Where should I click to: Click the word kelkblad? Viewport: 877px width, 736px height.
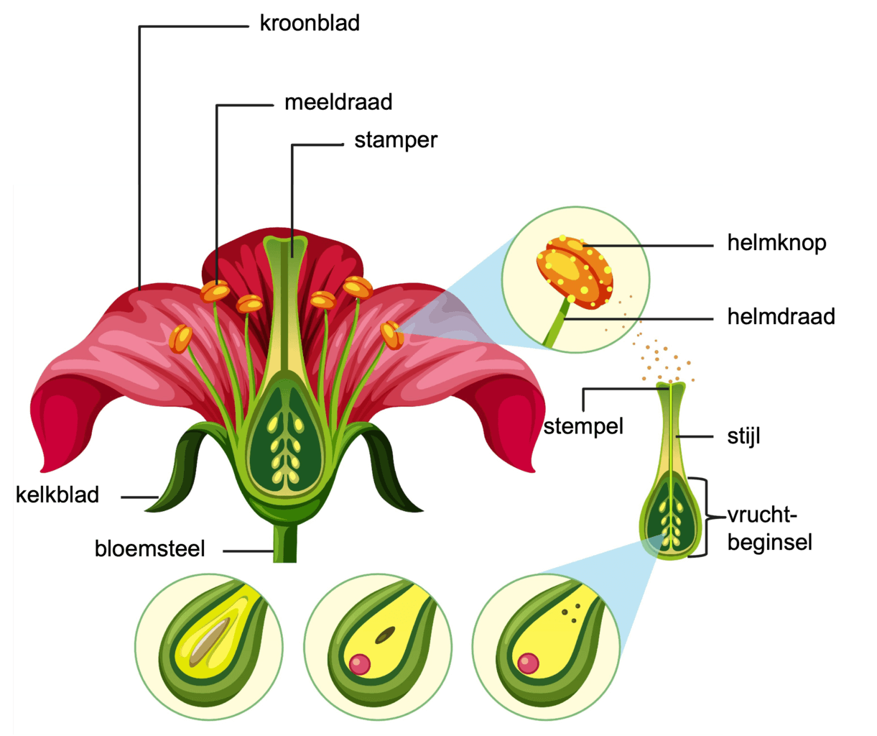click(57, 495)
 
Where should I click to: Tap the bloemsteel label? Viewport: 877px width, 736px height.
click(149, 549)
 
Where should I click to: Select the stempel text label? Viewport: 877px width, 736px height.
click(583, 427)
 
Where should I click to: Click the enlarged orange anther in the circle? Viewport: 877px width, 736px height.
click(575, 272)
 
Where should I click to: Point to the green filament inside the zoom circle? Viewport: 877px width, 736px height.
click(557, 328)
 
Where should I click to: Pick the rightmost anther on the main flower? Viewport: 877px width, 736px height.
click(392, 335)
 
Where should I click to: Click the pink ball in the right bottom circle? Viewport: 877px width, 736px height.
click(529, 663)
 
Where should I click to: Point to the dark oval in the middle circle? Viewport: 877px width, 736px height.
click(386, 635)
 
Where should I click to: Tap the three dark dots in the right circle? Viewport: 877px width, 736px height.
click(572, 613)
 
